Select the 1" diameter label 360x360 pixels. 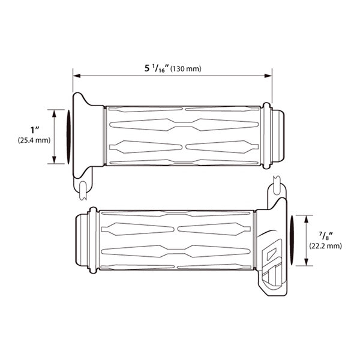(x=34, y=130)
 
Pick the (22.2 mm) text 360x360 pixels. (x=325, y=245)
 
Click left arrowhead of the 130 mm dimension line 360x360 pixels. (x=76, y=76)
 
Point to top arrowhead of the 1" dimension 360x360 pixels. (x=55, y=113)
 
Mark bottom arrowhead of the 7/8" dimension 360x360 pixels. (x=307, y=264)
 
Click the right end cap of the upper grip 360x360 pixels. (x=277, y=136)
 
